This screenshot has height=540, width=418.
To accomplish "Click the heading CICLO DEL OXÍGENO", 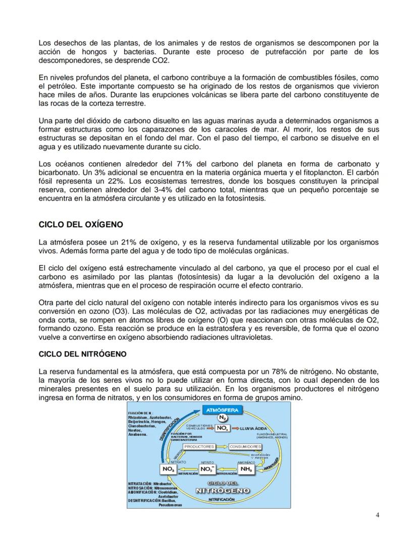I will [81, 224].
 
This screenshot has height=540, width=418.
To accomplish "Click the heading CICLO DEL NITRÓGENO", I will [82, 354].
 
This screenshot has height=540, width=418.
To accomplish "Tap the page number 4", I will [378, 514].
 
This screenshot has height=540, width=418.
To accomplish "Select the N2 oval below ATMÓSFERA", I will [222, 417].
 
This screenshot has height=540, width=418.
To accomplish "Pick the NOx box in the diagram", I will [223, 428].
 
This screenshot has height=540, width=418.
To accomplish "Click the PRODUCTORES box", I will [199, 447].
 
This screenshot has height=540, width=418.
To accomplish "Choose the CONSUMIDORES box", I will [245, 447].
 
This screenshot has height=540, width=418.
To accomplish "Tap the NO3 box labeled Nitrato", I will [169, 469].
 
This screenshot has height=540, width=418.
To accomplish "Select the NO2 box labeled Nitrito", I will [207, 469].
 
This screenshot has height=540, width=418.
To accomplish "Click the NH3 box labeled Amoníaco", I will [246, 469].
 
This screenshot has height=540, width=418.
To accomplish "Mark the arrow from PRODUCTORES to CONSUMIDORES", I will [222, 447].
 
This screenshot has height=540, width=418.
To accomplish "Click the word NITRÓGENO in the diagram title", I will [223, 491].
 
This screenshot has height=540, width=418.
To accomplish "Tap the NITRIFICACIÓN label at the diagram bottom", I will [222, 499].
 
